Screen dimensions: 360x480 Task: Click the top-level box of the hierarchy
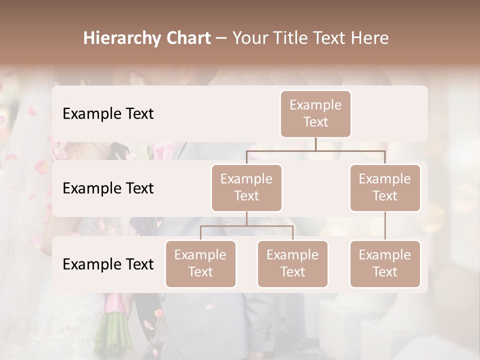pyautogui.click(x=315, y=113)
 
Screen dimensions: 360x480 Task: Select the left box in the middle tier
pyautogui.click(x=246, y=187)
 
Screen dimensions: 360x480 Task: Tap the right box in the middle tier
pyautogui.click(x=385, y=187)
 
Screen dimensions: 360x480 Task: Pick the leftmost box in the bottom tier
pyautogui.click(x=200, y=263)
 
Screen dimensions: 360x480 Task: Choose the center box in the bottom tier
pyautogui.click(x=292, y=263)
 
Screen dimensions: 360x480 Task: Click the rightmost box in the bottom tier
pyautogui.click(x=385, y=263)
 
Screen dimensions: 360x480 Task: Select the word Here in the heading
pyautogui.click(x=370, y=38)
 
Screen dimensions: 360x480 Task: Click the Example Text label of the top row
pyautogui.click(x=108, y=114)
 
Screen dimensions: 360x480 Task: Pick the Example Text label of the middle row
pyautogui.click(x=108, y=188)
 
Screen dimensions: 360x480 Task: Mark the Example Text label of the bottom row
pyautogui.click(x=108, y=264)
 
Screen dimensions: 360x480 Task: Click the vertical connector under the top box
pyautogui.click(x=315, y=144)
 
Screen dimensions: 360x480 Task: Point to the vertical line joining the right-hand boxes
pyautogui.click(x=385, y=226)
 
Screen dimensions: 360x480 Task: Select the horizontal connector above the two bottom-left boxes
pyautogui.click(x=246, y=226)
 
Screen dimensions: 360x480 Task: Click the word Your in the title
pyautogui.click(x=248, y=38)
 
